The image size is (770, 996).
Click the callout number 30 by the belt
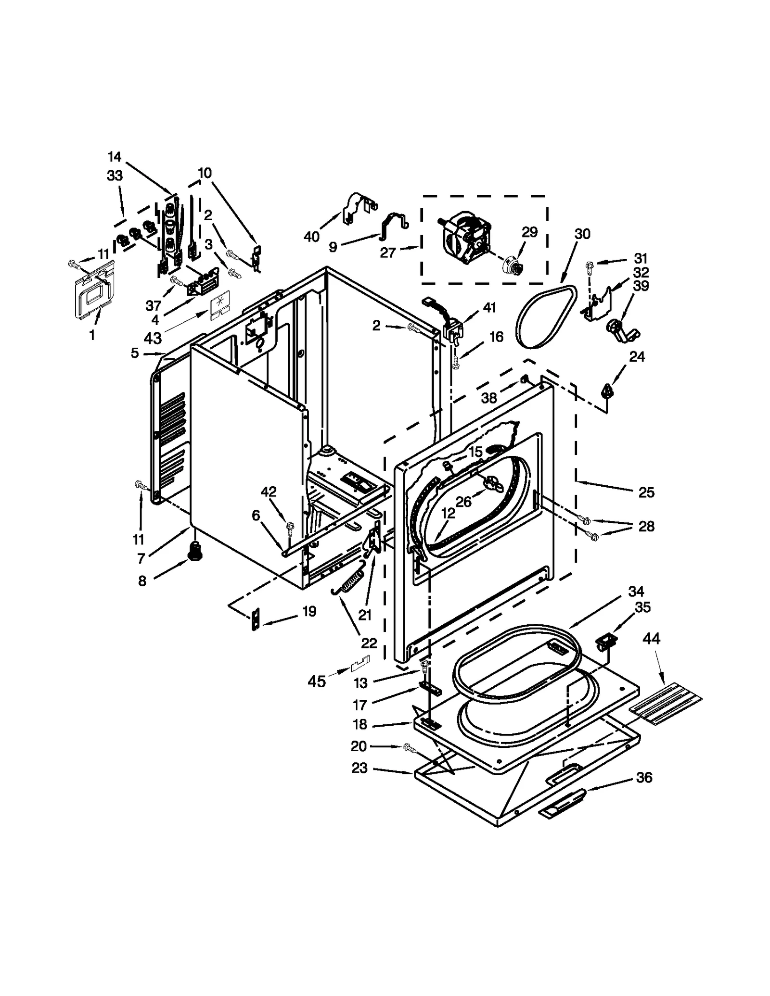coord(582,234)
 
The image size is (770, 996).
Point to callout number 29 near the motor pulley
coord(529,232)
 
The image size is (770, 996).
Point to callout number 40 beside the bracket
coord(311,237)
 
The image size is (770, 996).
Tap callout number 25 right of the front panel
coord(646,492)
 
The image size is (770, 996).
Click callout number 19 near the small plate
coord(309,612)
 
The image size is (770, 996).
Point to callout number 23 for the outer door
coord(359,768)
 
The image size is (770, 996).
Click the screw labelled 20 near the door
coord(410,747)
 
